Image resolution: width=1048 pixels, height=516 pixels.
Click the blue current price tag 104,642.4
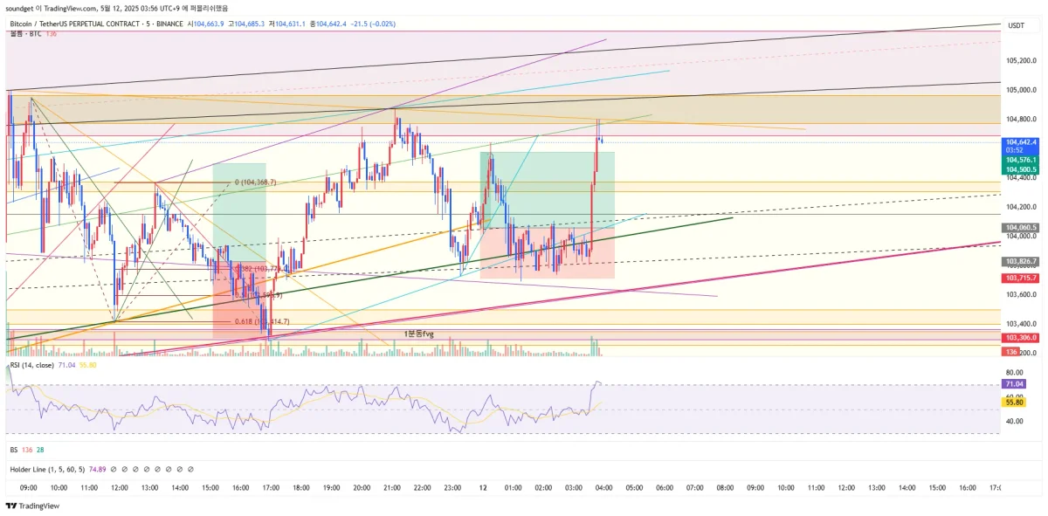pyautogui.click(x=1021, y=141)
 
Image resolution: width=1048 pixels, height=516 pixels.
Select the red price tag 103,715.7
pyautogui.click(x=1021, y=278)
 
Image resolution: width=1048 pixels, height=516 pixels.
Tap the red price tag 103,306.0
pyautogui.click(x=1021, y=337)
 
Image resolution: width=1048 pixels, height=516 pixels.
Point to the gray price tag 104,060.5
pyautogui.click(x=1021, y=227)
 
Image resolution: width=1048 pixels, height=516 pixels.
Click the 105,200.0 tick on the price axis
pyautogui.click(x=1021, y=60)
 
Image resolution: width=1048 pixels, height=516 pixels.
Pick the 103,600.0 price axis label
pyautogui.click(x=1021, y=294)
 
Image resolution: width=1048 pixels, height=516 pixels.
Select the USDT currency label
pyautogui.click(x=1017, y=25)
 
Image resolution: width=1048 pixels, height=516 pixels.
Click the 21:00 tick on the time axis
pyautogui.click(x=392, y=487)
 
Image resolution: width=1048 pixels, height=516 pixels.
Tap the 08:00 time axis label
pyautogui.click(x=725, y=487)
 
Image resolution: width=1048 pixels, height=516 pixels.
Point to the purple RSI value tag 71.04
pyautogui.click(x=1015, y=384)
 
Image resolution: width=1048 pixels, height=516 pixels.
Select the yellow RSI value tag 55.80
pyautogui.click(x=1015, y=402)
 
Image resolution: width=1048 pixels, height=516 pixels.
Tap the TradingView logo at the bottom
pyautogui.click(x=32, y=506)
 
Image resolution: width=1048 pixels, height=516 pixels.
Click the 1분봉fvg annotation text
pyautogui.click(x=419, y=334)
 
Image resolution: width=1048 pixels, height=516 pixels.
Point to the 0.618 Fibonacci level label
pyautogui.click(x=245, y=322)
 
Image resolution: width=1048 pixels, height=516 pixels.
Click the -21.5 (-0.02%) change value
pyautogui.click(x=373, y=24)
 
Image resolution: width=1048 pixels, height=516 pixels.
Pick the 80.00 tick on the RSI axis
pyautogui.click(x=1015, y=372)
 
